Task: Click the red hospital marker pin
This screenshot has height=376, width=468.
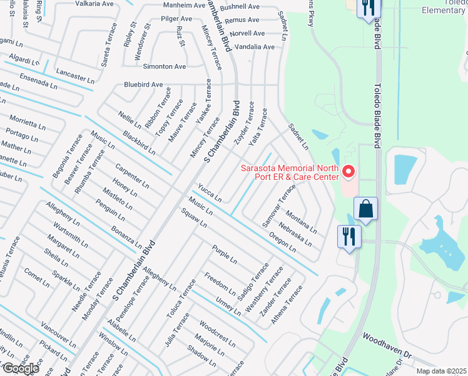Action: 349,170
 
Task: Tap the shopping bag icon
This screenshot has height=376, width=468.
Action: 365,209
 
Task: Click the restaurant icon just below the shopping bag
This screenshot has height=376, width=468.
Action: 348,236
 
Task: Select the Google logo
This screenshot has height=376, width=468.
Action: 21,368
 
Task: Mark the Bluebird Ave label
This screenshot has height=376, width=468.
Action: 143,85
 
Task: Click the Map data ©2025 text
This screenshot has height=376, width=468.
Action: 442,371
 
